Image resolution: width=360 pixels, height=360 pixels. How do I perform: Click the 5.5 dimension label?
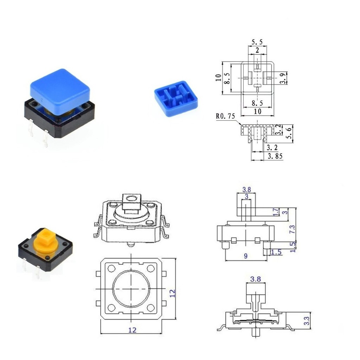pyautogui.click(x=257, y=42)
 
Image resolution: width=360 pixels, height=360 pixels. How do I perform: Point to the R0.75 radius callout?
pyautogui.click(x=225, y=116)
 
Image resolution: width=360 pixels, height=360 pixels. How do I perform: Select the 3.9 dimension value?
pyautogui.click(x=284, y=78)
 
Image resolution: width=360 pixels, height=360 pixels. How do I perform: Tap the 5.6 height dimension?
pyautogui.click(x=290, y=133)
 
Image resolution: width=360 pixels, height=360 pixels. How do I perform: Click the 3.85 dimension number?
pyautogui.click(x=275, y=156)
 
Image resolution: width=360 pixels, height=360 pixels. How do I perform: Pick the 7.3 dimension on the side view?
pyautogui.click(x=292, y=229)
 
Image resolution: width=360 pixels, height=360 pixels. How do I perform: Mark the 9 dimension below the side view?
pyautogui.click(x=246, y=256)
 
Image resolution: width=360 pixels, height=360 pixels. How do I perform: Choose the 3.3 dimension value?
pyautogui.click(x=307, y=321)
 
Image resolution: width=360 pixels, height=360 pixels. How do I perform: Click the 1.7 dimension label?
pyautogui.click(x=276, y=212)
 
